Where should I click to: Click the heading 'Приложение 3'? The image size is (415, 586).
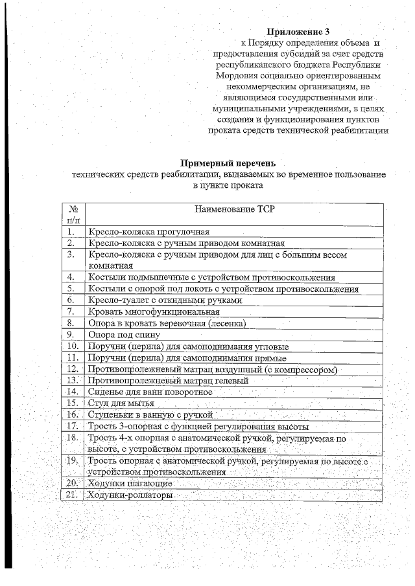click(303, 30)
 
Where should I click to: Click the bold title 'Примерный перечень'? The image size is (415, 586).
click(228, 163)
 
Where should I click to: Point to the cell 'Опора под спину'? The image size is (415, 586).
click(118, 335)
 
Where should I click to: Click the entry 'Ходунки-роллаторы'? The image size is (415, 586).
click(130, 495)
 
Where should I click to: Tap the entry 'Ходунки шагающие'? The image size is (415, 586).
click(130, 484)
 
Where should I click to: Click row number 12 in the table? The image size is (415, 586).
click(73, 369)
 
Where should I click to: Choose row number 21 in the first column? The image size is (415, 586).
click(73, 495)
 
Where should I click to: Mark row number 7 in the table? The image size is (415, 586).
click(72, 311)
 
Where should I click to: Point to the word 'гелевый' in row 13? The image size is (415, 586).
click(231, 381)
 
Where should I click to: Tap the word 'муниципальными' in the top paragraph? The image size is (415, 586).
click(248, 108)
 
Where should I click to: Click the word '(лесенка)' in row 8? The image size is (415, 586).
click(226, 323)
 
